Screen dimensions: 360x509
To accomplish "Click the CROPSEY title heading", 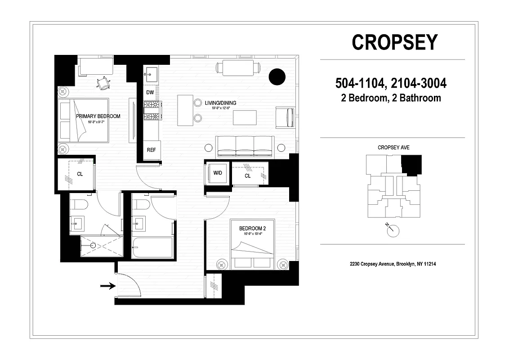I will coord(394,42).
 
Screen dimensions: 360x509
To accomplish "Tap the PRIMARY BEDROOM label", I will coord(98,116).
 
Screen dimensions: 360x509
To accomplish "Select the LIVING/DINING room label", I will coord(220,103).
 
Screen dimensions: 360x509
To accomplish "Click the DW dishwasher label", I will coord(150,92).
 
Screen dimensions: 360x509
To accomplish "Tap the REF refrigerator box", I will coord(152,150).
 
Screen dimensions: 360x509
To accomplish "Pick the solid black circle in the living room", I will coord(277,76).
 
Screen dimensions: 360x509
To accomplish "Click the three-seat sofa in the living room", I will coord(245,146).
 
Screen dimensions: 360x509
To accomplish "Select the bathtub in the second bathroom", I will coord(152,247).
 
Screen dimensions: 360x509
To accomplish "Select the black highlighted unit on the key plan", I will coord(411,164).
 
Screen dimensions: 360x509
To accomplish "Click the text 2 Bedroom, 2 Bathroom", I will coord(391,98).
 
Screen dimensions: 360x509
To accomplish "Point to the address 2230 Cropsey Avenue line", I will coord(393,264).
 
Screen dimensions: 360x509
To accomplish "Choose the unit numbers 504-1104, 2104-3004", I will coord(391,83).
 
